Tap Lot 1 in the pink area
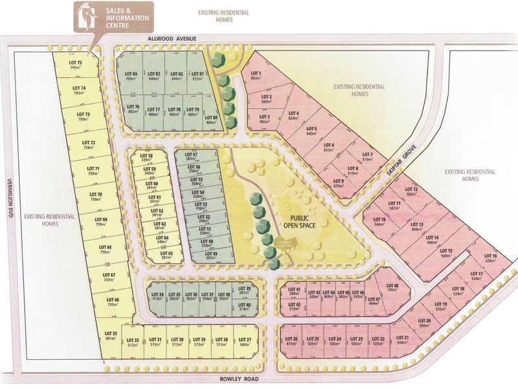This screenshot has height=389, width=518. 256,77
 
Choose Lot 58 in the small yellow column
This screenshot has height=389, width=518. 146,158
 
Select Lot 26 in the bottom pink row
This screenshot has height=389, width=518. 291,342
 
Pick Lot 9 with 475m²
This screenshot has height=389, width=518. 337,183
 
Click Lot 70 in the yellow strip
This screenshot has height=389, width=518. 95,197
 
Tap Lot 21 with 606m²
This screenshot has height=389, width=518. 401,342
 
